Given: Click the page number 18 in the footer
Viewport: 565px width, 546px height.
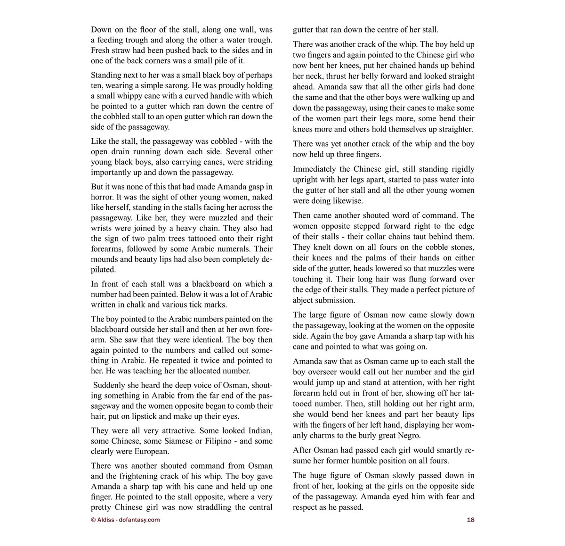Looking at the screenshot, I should [x=470, y=520].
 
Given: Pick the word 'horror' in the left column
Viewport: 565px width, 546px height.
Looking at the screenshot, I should [x=103, y=197].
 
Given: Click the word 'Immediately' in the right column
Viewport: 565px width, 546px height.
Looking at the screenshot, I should [x=315, y=169].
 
